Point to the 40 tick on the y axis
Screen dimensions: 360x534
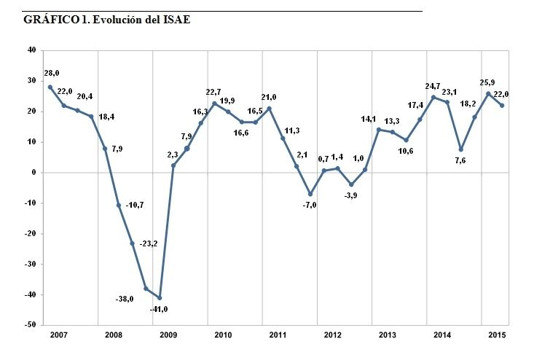click(31, 50)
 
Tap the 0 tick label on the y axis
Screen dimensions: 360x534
click(33, 173)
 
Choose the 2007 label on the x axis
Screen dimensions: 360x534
click(59, 334)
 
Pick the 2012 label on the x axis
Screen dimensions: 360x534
click(332, 334)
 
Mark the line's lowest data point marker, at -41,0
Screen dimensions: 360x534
click(160, 297)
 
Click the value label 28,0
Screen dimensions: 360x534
click(52, 74)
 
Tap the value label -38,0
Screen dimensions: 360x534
click(125, 298)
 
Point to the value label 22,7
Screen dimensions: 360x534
click(214, 92)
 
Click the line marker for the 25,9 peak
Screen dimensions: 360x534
click(488, 93)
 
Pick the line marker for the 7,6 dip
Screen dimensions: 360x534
click(461, 149)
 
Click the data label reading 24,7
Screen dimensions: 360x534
click(433, 85)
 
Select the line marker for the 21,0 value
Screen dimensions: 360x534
click(270, 109)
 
